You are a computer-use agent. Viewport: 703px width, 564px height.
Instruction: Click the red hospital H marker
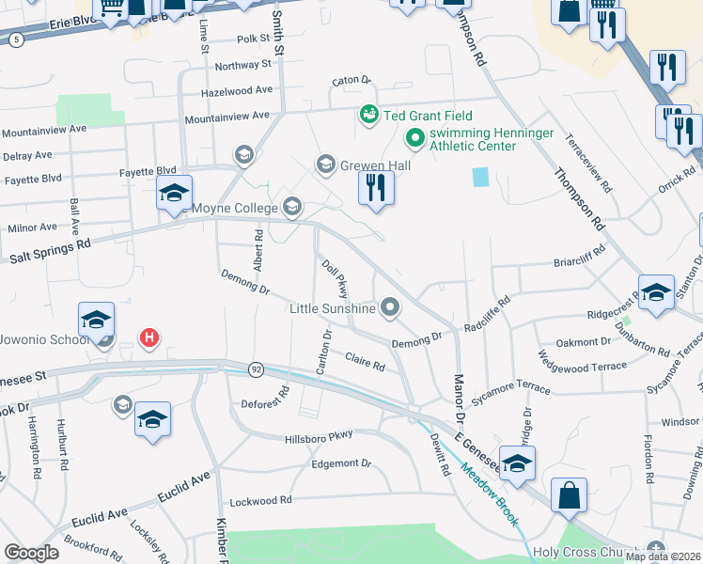click(148, 337)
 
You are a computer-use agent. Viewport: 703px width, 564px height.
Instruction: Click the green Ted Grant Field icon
click(368, 115)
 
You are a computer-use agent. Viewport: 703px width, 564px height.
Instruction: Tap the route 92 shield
click(256, 368)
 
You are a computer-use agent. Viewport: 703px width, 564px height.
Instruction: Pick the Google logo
click(31, 553)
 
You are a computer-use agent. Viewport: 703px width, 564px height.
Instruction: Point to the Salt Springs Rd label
click(49, 252)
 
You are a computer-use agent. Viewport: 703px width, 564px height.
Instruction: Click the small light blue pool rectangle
click(481, 176)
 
